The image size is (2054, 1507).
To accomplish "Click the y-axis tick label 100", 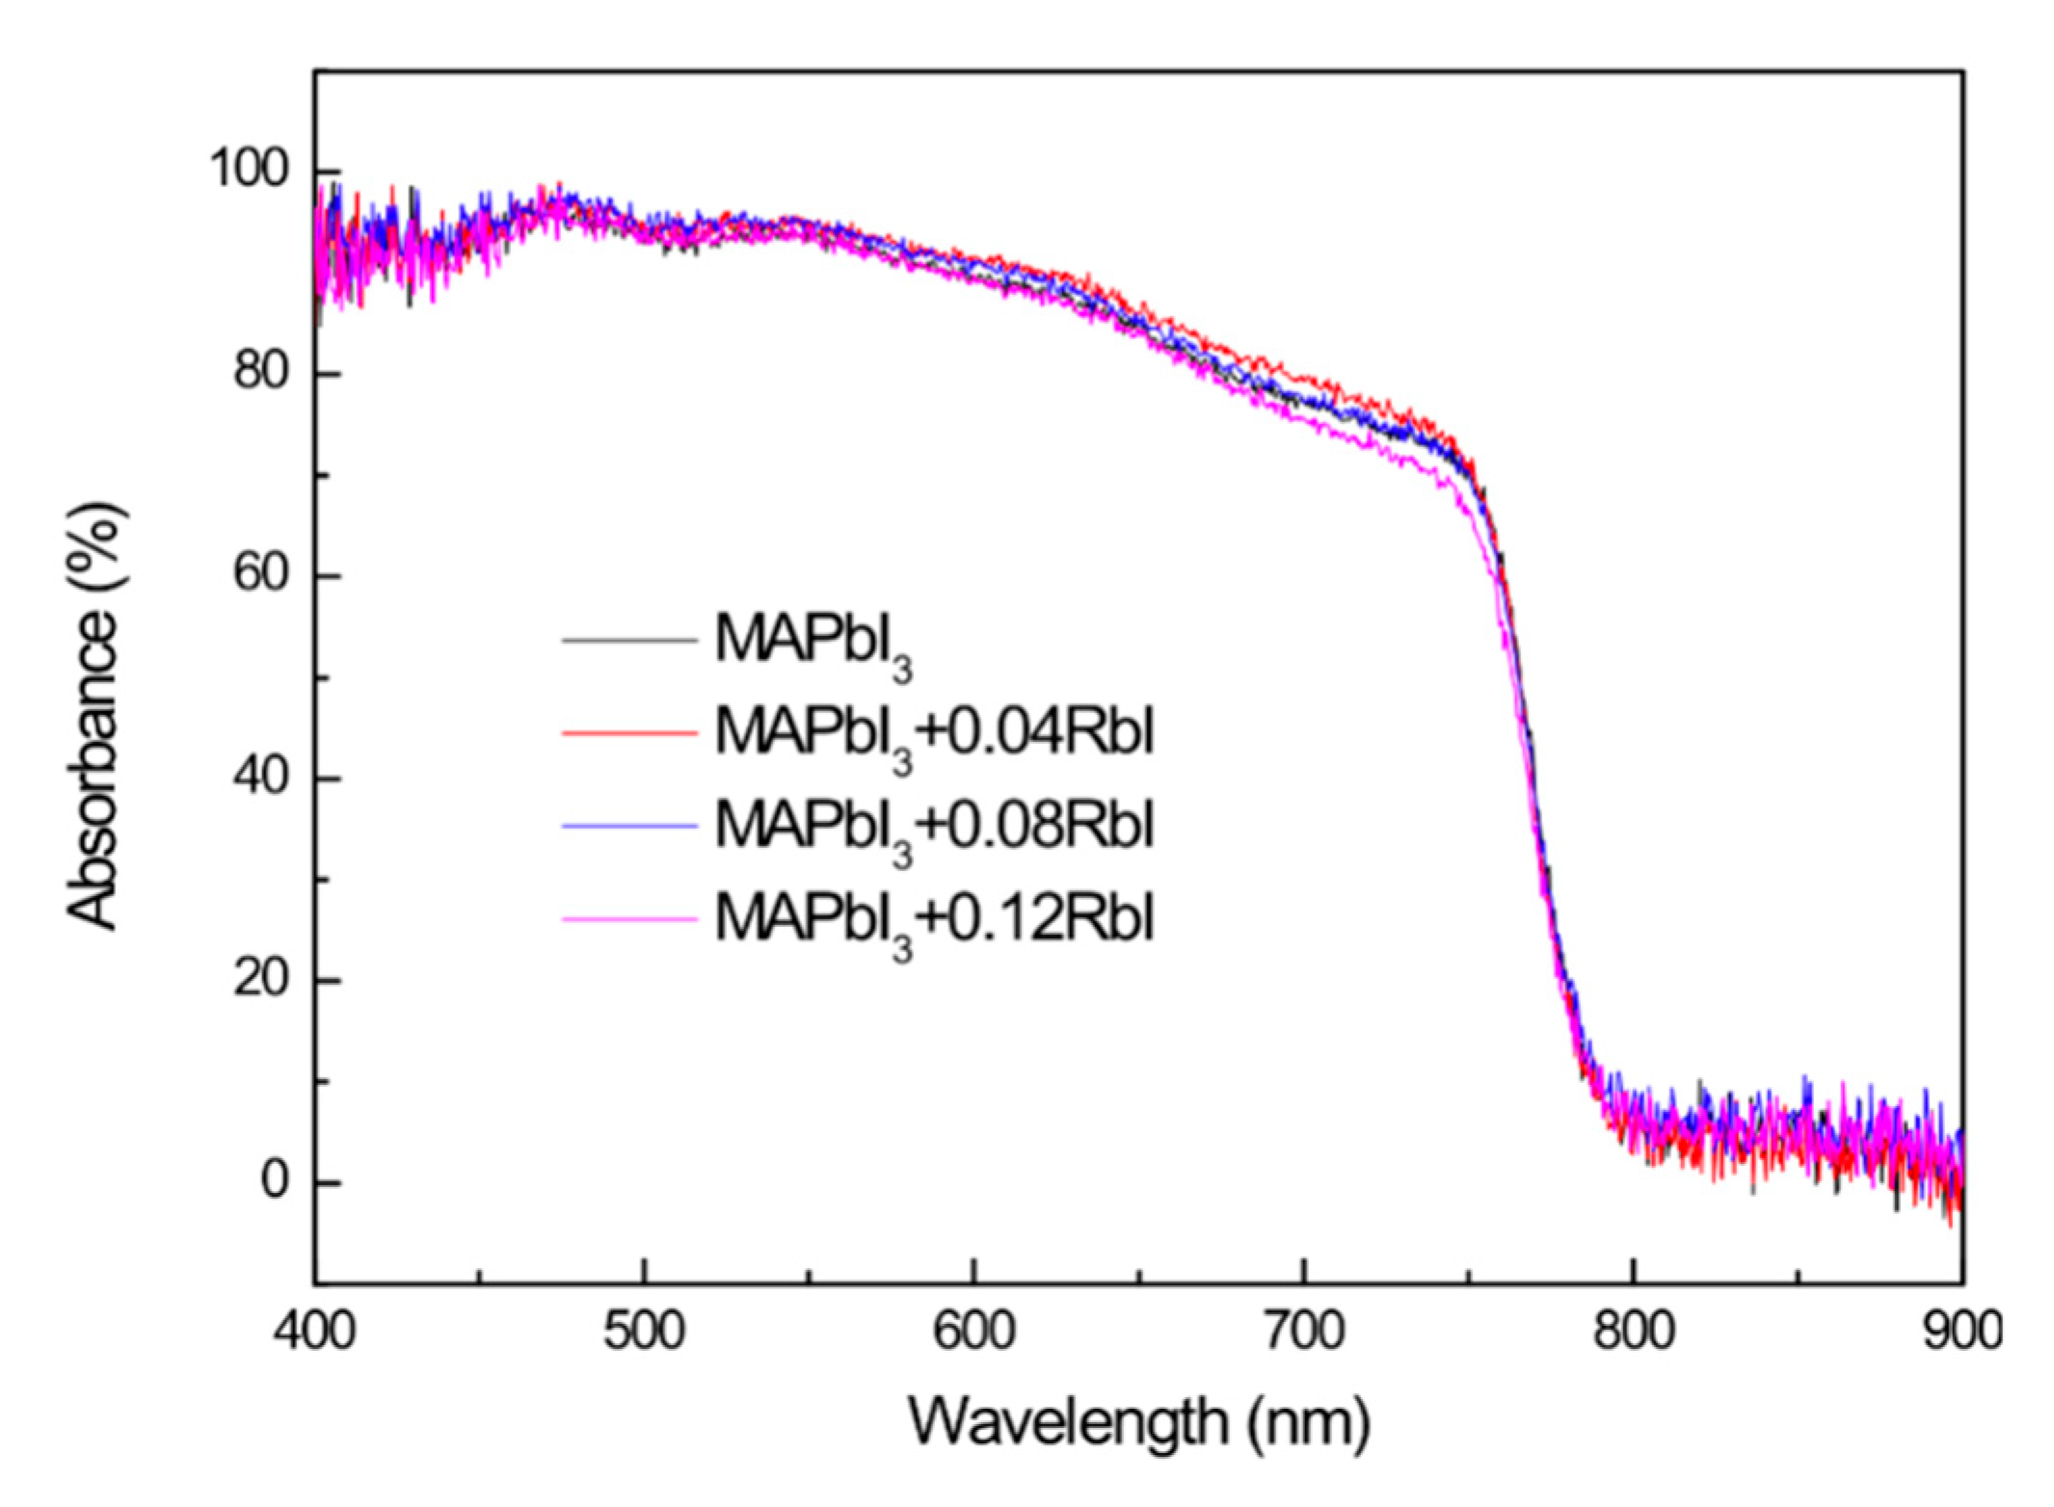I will pos(249,170).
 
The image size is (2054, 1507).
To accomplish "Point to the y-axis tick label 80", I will pos(260,372).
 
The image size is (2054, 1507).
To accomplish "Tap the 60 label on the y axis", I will pos(260,574).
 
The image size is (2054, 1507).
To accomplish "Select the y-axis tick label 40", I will pos(260,777).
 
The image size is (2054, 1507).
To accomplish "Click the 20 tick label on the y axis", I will pos(260,980).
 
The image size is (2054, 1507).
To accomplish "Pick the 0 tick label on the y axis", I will pos(275,1181).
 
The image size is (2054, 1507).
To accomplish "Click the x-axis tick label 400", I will pos(315,1331).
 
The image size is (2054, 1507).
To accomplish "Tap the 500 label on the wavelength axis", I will pos(644,1331).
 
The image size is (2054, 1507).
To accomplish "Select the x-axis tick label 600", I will pos(974,1331).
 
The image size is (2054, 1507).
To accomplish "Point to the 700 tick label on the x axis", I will pos(1304,1331).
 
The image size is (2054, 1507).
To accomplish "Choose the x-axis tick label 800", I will pos(1634,1331).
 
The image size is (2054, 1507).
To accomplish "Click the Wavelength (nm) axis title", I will pos(1138,1422).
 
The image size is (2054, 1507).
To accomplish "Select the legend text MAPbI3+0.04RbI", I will pos(933,735).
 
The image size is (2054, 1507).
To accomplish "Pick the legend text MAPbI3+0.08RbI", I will pos(933,828).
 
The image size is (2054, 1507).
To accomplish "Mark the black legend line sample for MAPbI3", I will pos(628,640).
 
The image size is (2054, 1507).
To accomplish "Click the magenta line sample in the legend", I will pos(628,919).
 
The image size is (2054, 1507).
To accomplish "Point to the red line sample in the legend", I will pos(628,733).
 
